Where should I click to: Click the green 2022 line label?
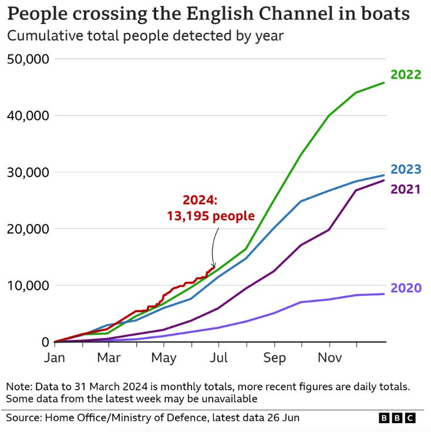(406, 75)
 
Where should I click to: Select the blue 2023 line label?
(406, 170)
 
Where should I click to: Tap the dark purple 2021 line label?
(406, 189)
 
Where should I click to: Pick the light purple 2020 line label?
(406, 288)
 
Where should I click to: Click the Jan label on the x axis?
(55, 357)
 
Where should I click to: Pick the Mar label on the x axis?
(109, 357)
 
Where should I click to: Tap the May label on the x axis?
(164, 357)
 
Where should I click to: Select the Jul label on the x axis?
(218, 357)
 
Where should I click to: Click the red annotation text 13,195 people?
(211, 216)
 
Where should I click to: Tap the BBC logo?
(397, 418)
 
